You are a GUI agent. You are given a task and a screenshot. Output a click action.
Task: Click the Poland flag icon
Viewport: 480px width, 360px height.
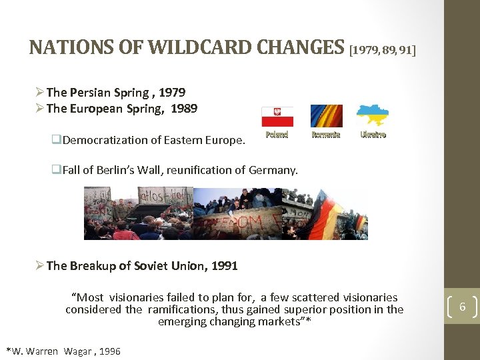pos(277,116)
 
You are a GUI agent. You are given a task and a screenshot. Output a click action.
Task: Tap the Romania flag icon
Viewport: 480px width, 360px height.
pos(326,116)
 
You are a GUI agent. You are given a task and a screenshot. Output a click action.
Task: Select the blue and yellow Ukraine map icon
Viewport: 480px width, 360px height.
pos(373,115)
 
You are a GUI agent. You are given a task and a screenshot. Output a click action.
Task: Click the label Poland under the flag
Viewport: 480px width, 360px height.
pos(277,134)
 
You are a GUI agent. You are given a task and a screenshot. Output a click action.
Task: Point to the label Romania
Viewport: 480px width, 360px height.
pos(326,134)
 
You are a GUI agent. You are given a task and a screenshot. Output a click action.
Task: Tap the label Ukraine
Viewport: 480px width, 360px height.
pos(373,134)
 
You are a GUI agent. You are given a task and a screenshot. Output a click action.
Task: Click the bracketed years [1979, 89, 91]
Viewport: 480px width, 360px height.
pos(382,49)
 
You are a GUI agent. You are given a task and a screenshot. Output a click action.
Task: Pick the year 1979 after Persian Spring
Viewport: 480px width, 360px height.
pos(172,93)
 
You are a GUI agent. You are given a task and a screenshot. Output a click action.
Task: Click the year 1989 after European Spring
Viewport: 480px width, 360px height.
pos(184,108)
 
